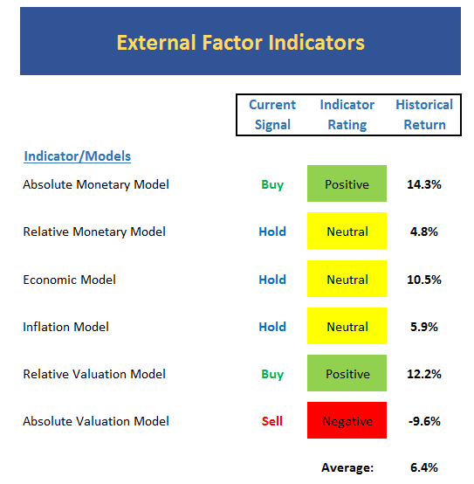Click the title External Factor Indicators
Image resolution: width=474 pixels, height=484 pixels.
(x=241, y=42)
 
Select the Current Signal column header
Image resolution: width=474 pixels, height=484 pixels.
(x=272, y=114)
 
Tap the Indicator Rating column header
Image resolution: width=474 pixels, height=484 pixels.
(x=347, y=114)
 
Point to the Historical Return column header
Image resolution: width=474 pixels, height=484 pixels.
(x=424, y=114)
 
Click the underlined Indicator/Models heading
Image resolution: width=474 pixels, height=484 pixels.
(x=78, y=156)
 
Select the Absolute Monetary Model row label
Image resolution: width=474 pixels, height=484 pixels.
(x=96, y=184)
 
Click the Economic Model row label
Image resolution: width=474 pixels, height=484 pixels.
(x=69, y=280)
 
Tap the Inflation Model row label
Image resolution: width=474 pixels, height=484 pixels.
(x=66, y=327)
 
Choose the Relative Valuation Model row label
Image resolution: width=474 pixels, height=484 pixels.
(x=94, y=374)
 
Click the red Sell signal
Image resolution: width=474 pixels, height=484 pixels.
(x=272, y=421)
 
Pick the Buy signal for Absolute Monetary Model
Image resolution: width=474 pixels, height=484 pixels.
(x=272, y=185)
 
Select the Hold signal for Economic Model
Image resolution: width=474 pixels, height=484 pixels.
(x=272, y=280)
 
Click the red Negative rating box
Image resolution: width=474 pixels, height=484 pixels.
(x=347, y=420)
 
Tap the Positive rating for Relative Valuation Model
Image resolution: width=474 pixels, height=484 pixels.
(x=347, y=373)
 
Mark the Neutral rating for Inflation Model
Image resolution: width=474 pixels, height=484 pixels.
(x=347, y=326)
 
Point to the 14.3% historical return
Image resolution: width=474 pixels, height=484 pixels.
(x=424, y=184)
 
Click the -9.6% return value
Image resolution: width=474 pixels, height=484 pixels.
(x=424, y=421)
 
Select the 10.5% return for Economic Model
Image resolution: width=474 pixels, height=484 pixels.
(x=424, y=280)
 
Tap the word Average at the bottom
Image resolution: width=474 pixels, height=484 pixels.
(x=347, y=468)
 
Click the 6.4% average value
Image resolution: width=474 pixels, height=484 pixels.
(x=424, y=467)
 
